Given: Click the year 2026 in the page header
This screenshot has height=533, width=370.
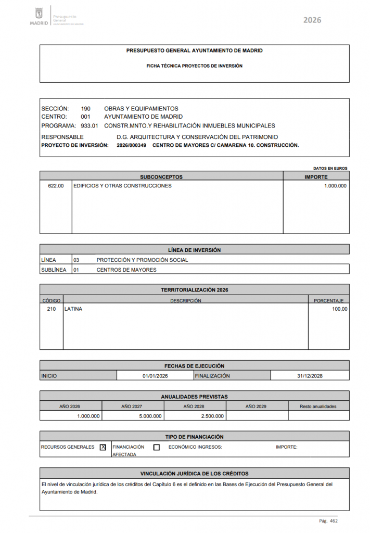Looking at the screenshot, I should tap(312, 20).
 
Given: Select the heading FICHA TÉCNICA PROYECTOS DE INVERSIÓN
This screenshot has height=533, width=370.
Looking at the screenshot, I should tap(194, 66).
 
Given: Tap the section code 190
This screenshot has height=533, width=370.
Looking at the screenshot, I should tap(86, 109).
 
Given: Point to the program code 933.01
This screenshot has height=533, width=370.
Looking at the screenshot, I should tap(90, 126).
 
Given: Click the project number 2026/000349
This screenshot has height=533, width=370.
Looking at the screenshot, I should tap(132, 145).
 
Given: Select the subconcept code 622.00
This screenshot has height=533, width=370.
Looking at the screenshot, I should tap(56, 186).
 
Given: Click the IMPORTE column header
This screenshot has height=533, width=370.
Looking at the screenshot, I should tap(316, 177).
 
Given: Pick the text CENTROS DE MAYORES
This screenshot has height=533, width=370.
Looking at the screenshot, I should tap(126, 270).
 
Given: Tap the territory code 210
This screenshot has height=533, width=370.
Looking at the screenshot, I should tap(51, 309).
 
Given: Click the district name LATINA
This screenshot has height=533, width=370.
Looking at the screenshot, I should tap(73, 309).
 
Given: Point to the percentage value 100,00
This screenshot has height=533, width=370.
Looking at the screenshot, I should tap(339, 309).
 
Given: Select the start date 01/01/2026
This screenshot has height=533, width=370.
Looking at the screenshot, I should tap(155, 376).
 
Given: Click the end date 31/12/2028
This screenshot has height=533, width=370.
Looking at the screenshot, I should tap(310, 376).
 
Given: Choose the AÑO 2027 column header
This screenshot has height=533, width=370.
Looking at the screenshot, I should tap(133, 406).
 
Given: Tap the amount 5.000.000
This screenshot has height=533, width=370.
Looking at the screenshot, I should tap(150, 416).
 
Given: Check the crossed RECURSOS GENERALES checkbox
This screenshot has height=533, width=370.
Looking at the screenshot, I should tap(103, 447).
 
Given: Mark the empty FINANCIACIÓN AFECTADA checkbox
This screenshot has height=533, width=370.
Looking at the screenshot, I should tap(157, 447).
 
